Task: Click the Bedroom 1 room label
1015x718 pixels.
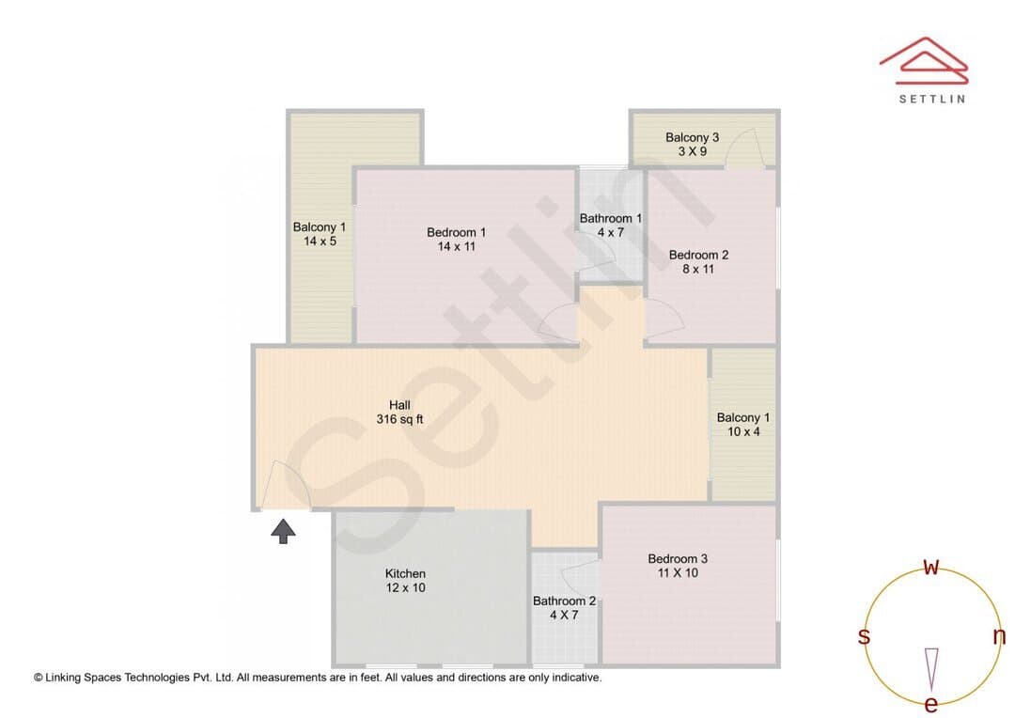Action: click(x=457, y=239)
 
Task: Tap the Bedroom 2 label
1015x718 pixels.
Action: click(x=698, y=261)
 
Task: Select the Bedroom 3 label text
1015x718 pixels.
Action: click(x=678, y=565)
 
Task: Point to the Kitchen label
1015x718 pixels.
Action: click(x=405, y=580)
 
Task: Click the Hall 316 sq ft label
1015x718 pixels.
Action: click(x=399, y=412)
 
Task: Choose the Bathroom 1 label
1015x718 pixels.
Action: click(x=611, y=226)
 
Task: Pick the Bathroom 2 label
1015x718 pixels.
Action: click(x=564, y=608)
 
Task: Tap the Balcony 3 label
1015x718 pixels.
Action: click(x=692, y=144)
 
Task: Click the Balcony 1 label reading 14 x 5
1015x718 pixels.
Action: click(x=320, y=234)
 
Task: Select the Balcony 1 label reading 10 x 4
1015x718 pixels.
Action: click(x=743, y=424)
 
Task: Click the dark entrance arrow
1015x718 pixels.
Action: click(x=283, y=532)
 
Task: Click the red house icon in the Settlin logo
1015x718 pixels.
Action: click(x=924, y=61)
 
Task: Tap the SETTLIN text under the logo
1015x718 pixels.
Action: click(x=932, y=99)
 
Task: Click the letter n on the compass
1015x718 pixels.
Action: click(x=999, y=636)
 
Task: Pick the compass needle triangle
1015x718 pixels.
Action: click(x=931, y=668)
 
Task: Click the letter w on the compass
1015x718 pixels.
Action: click(x=930, y=567)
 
